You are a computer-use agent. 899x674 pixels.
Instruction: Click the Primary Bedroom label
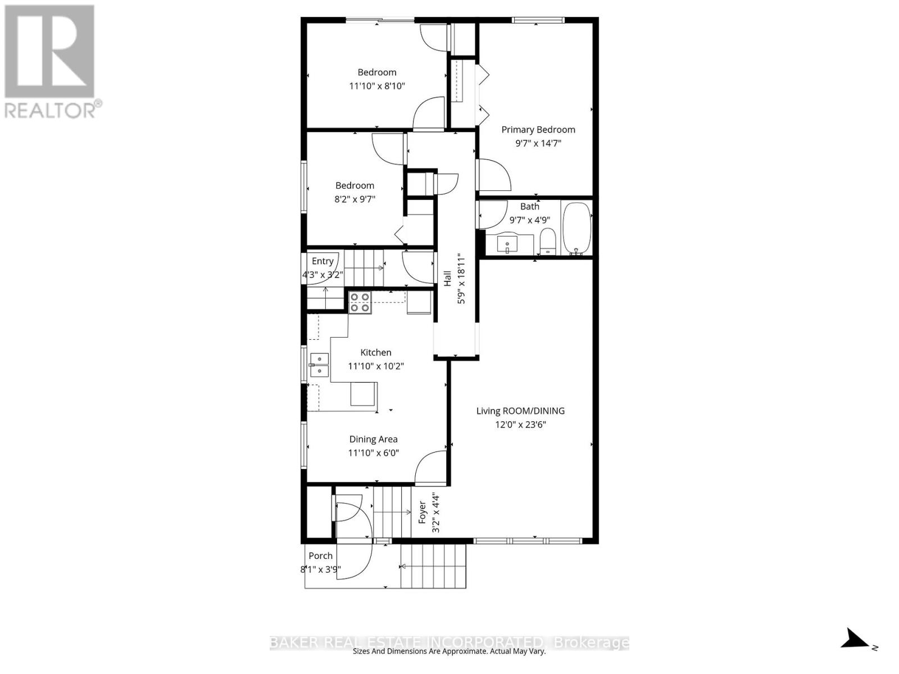click(538, 130)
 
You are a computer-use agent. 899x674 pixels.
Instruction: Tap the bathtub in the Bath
click(576, 229)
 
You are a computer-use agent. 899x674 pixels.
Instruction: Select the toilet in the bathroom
click(547, 242)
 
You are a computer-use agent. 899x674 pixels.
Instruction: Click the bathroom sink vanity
click(510, 244)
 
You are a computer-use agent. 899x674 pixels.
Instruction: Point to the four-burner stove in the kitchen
click(360, 302)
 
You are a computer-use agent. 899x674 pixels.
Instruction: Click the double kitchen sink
click(320, 365)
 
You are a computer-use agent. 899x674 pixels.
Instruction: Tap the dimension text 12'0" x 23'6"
click(520, 425)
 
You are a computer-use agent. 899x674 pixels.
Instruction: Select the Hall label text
click(447, 278)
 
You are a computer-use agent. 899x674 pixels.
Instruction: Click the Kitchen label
click(375, 352)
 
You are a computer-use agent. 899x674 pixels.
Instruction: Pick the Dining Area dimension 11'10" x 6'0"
click(374, 453)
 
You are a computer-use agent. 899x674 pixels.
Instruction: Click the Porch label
click(320, 555)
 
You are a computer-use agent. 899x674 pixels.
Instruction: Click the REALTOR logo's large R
click(49, 52)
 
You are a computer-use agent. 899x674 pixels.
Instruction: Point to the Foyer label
click(423, 513)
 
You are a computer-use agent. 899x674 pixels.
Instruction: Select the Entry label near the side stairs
click(323, 261)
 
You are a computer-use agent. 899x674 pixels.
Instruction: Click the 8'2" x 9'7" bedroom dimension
click(355, 199)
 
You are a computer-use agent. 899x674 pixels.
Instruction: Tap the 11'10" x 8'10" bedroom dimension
click(377, 86)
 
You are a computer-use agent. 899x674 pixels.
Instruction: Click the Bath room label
click(530, 207)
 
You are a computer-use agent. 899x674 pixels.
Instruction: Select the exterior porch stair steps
click(433, 566)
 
